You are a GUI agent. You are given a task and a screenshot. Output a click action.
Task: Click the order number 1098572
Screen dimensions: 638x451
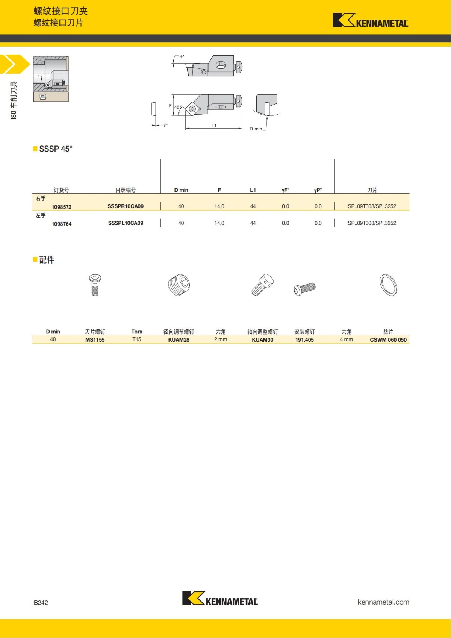tap(61, 207)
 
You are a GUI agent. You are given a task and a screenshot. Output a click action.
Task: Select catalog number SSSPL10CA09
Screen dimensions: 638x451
tap(126, 223)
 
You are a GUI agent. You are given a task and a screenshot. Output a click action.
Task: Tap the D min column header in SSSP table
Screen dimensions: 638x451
tap(181, 190)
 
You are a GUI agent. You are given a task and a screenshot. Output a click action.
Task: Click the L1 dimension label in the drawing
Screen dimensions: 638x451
tap(214, 126)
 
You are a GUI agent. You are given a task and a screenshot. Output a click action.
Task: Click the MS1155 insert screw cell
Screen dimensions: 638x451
tap(95, 339)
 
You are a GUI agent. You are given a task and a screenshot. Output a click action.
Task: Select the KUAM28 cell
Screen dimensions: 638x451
tap(179, 339)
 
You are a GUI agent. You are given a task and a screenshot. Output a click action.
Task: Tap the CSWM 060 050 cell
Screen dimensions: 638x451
tap(388, 339)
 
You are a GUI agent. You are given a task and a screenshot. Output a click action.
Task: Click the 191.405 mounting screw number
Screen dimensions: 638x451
tap(304, 339)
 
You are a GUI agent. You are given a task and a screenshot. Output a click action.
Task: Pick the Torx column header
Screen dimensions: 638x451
tap(136, 332)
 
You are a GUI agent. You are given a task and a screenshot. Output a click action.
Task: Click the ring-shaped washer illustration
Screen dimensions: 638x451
tap(388, 285)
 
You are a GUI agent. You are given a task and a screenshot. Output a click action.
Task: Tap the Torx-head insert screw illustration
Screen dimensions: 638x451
tap(95, 285)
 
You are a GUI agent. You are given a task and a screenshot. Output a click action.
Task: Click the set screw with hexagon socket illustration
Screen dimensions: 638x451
tap(179, 285)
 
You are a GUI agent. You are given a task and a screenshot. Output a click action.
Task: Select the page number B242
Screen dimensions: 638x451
tap(41, 602)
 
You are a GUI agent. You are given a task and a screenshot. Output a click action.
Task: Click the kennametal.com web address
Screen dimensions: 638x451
tap(383, 602)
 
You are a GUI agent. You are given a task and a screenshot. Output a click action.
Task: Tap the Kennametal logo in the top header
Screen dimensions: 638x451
tap(370, 20)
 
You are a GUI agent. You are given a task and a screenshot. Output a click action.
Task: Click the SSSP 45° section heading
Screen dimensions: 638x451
tap(56, 149)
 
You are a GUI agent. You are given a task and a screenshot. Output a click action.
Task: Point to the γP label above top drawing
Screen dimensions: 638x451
tap(181, 56)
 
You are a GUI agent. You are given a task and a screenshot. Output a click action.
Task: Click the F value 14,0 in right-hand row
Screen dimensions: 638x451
tap(219, 206)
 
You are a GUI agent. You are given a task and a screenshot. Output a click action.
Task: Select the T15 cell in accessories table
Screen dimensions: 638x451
tap(136, 339)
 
